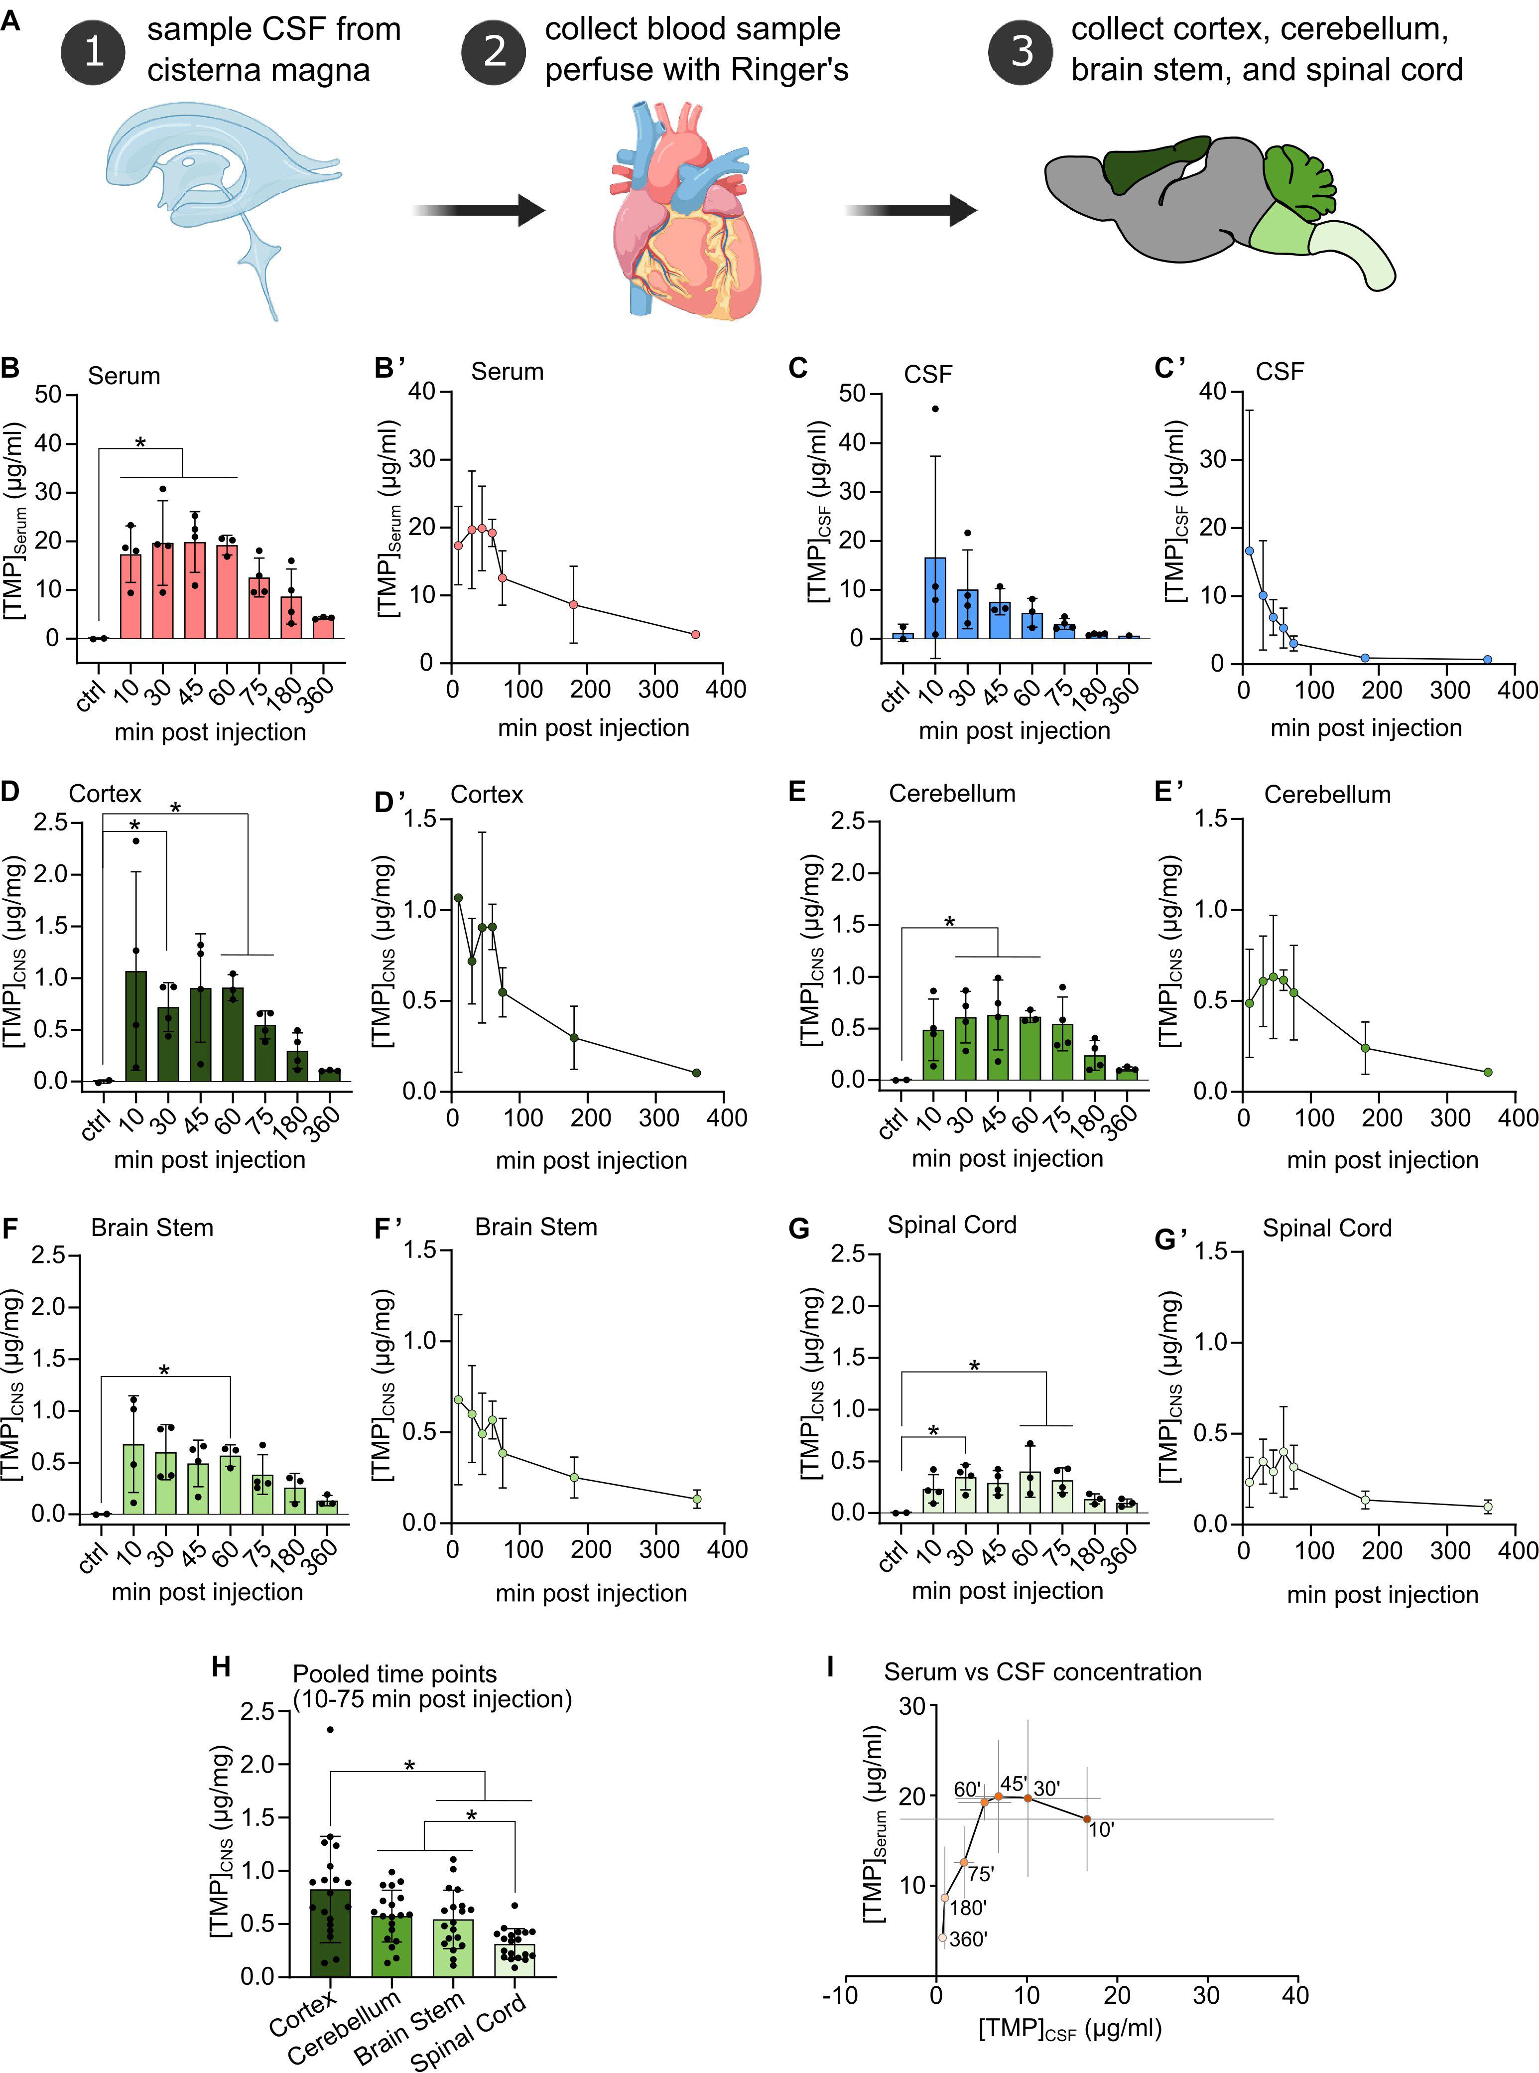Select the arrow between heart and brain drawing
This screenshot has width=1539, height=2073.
coord(910,211)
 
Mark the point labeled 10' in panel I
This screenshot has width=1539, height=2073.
coord(1086,1818)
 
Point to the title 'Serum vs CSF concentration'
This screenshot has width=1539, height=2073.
coord(1042,1671)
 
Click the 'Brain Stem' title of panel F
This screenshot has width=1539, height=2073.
coord(152,1227)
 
